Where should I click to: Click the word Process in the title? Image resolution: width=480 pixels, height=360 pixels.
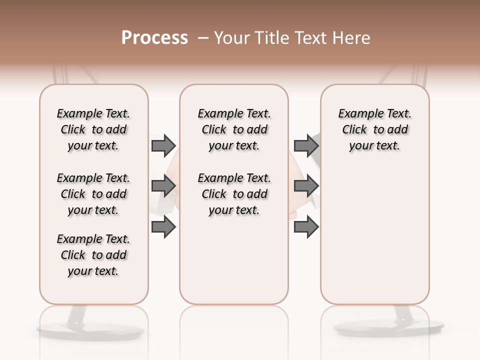click(x=154, y=38)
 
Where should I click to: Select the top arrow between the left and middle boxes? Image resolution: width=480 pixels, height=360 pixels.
click(x=163, y=145)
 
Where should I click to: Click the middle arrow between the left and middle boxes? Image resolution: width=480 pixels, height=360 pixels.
click(x=163, y=186)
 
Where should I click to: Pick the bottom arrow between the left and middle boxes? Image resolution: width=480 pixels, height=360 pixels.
click(x=163, y=227)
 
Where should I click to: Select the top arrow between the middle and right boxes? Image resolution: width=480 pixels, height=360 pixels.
click(x=306, y=145)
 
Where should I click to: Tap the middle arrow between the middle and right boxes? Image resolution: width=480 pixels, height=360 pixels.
click(x=306, y=186)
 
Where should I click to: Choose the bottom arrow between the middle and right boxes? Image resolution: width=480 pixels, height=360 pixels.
click(x=306, y=227)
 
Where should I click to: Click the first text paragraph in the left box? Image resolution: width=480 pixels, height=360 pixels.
click(x=93, y=129)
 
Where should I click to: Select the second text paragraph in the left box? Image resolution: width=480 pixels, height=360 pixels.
click(x=93, y=194)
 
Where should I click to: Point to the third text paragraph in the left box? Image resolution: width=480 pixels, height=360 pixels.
click(x=93, y=255)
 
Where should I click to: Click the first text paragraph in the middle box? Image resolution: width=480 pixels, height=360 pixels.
click(x=234, y=129)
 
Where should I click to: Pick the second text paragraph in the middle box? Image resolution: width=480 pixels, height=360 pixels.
click(x=234, y=194)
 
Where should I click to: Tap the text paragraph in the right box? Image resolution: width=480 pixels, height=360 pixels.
click(x=375, y=129)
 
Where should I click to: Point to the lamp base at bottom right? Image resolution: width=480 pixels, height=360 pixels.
click(x=389, y=327)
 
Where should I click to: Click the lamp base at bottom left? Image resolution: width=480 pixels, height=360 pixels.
click(x=90, y=329)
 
